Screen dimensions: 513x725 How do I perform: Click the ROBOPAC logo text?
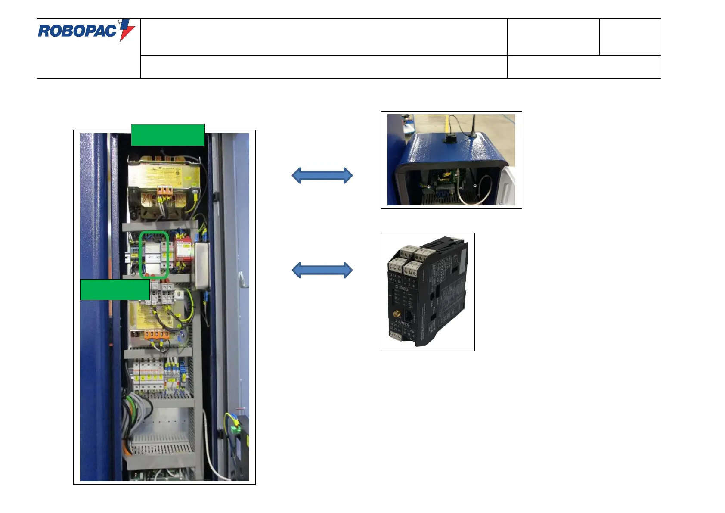click(x=77, y=31)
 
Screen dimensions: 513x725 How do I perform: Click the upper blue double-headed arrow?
click(x=322, y=175)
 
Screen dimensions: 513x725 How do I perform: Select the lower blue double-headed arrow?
click(x=322, y=270)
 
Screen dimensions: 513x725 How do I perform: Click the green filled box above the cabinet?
click(x=167, y=135)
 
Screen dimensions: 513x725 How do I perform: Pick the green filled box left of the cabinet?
click(x=115, y=289)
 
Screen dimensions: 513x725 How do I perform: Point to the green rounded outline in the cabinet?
click(x=154, y=255)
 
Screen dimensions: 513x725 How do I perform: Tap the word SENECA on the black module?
click(x=403, y=289)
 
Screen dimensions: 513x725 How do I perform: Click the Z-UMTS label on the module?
click(x=402, y=323)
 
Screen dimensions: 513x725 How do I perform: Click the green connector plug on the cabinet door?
click(x=235, y=429)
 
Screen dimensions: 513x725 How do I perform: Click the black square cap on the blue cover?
click(x=450, y=139)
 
